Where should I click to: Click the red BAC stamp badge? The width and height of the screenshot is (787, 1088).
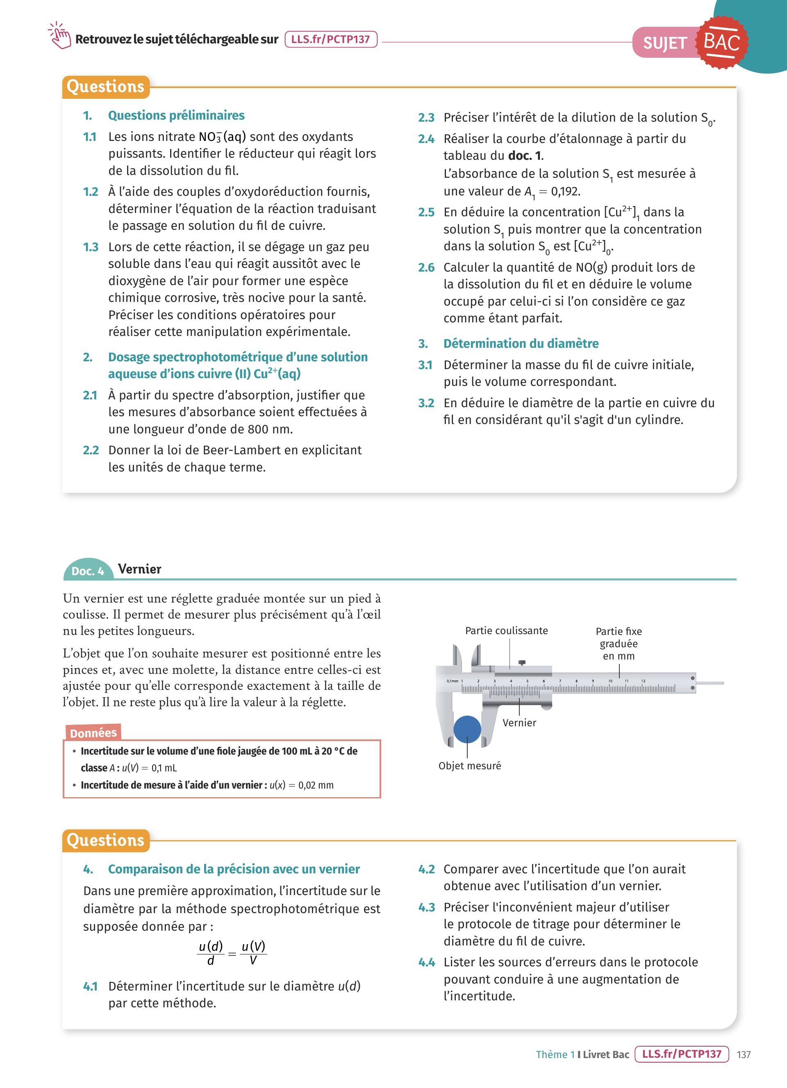tap(722, 42)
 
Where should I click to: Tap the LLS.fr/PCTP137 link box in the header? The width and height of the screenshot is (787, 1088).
tap(331, 39)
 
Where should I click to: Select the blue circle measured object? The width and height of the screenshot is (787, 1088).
tap(467, 729)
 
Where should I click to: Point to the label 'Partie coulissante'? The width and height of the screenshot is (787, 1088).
tap(506, 630)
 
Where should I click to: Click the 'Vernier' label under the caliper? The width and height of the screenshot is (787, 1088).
tap(519, 723)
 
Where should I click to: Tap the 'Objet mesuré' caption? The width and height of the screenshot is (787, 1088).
tap(469, 766)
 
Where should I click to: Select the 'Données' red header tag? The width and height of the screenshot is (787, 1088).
tap(93, 733)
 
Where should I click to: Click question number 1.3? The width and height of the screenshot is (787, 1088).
tap(90, 247)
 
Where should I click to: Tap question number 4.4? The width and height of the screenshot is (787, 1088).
tap(426, 962)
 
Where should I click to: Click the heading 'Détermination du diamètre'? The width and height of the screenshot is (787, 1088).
tap(521, 343)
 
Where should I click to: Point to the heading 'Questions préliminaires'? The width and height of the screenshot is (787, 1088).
tap(176, 116)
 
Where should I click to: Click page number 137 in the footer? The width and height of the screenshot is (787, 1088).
tap(743, 1054)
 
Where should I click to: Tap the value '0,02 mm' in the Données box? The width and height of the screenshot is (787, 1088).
tap(316, 785)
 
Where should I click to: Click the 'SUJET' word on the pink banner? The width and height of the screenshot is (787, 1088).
tap(664, 43)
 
